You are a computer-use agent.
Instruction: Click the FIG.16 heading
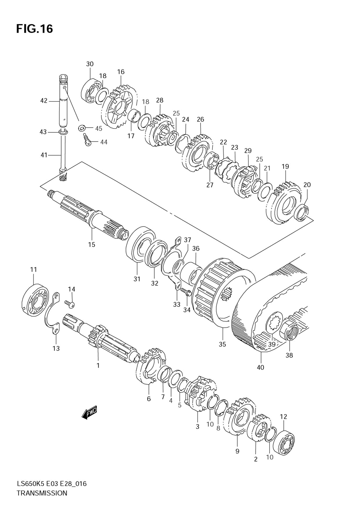pos(35,29)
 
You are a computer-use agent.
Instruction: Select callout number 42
pos(44,100)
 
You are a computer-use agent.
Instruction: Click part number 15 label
pos(92,245)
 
